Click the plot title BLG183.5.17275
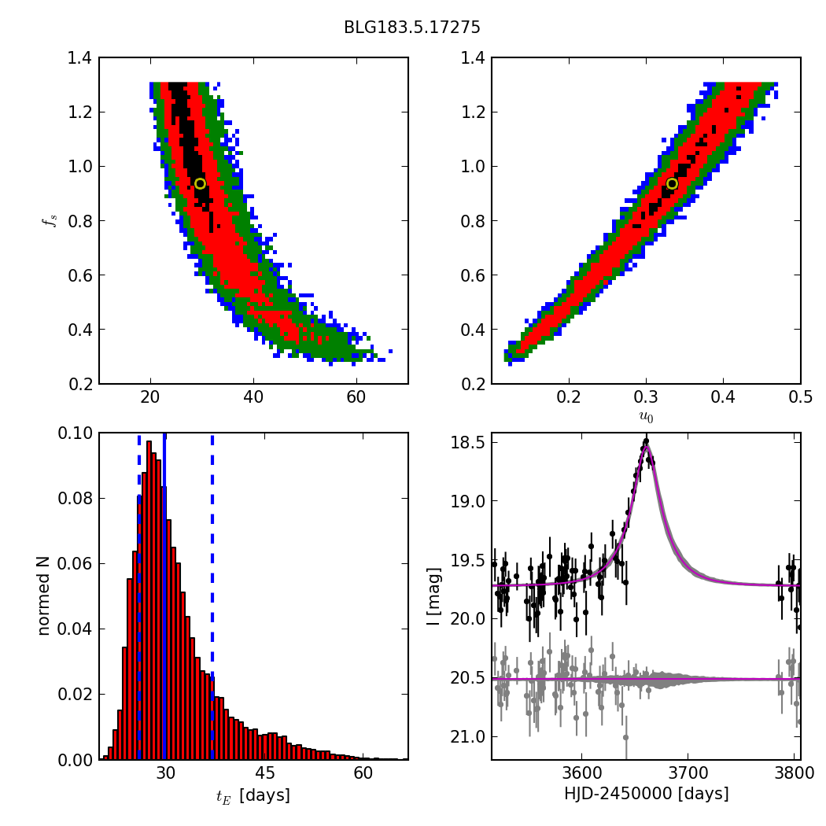(x=411, y=28)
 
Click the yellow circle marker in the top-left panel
(x=200, y=183)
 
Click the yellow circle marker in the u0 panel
(x=672, y=183)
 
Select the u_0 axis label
(x=646, y=417)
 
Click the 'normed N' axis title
(x=44, y=596)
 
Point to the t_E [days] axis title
(x=253, y=795)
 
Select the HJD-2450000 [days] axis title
(x=646, y=794)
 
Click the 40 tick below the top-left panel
(x=253, y=398)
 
